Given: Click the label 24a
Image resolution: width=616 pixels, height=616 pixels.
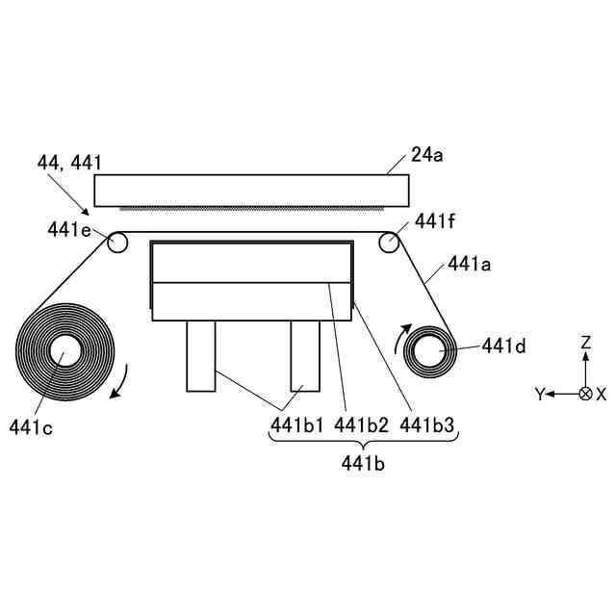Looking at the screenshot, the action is (x=427, y=155).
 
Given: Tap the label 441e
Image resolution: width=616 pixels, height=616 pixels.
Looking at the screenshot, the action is (x=69, y=229).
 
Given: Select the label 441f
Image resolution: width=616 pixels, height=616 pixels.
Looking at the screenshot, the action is (x=434, y=221).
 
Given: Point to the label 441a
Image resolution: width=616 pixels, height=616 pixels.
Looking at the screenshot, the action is (x=470, y=264).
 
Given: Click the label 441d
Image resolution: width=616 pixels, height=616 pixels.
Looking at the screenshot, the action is (x=503, y=346).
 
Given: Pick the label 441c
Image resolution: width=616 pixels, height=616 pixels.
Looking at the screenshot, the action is (x=31, y=427).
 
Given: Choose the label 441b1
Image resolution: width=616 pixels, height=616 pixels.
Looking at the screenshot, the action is (x=297, y=424).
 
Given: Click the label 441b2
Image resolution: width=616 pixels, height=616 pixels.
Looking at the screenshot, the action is (x=362, y=424).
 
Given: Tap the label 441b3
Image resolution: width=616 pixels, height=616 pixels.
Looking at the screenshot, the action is (x=427, y=424).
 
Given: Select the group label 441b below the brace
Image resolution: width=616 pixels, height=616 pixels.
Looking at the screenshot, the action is (x=363, y=464).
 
